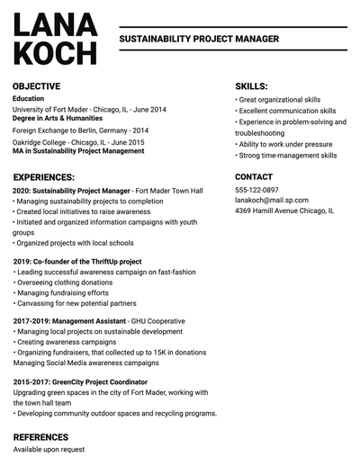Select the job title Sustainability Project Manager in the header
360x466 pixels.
coord(199,40)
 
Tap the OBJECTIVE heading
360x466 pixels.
coord(37,86)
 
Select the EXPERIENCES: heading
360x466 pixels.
coord(44,177)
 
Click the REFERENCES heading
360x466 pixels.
coord(40,436)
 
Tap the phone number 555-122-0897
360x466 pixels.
coord(256,191)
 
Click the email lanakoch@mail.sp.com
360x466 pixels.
coord(272,201)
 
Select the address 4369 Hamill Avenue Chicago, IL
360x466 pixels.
coord(284,211)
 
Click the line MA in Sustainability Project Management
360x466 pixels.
coord(78,151)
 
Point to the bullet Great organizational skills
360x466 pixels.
coord(279,100)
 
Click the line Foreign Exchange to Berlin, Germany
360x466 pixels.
coord(80,130)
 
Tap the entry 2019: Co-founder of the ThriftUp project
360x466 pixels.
coord(77,262)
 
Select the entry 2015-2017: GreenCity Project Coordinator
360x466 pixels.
coord(81,381)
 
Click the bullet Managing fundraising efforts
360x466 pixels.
coord(61,292)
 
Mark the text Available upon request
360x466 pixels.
coord(49,449)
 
